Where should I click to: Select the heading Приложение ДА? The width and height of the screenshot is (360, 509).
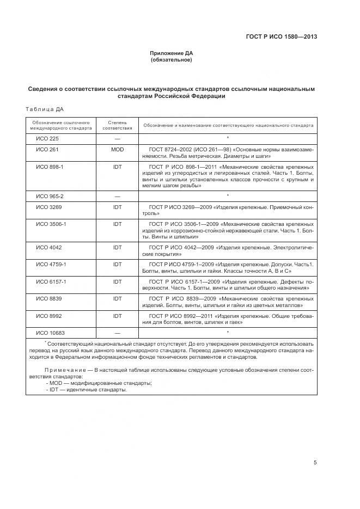(172, 53)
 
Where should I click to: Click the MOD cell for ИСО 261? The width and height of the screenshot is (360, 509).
(117, 149)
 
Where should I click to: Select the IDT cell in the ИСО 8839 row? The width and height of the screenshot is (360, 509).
(117, 298)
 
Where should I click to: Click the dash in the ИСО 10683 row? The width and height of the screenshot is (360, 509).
(117, 333)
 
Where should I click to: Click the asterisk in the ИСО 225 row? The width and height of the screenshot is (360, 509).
(227, 138)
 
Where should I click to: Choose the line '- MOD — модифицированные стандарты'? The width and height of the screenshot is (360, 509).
(91, 383)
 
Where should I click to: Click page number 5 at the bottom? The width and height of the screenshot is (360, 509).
(315, 463)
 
